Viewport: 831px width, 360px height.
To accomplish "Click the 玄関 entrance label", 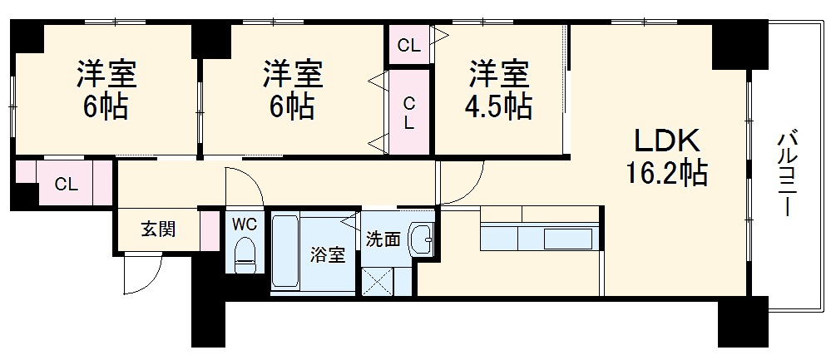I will coord(157,229).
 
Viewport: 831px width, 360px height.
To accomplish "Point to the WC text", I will coord(244,224).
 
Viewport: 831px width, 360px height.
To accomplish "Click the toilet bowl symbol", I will coord(245,254).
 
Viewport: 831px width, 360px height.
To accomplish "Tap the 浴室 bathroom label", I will coord(328,255).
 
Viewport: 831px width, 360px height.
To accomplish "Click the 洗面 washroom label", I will coord(383,239).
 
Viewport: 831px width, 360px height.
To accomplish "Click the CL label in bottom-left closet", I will coord(67,185).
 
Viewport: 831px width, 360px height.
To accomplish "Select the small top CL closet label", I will coord(408,46).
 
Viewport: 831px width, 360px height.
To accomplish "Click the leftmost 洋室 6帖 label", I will coord(105,89).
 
